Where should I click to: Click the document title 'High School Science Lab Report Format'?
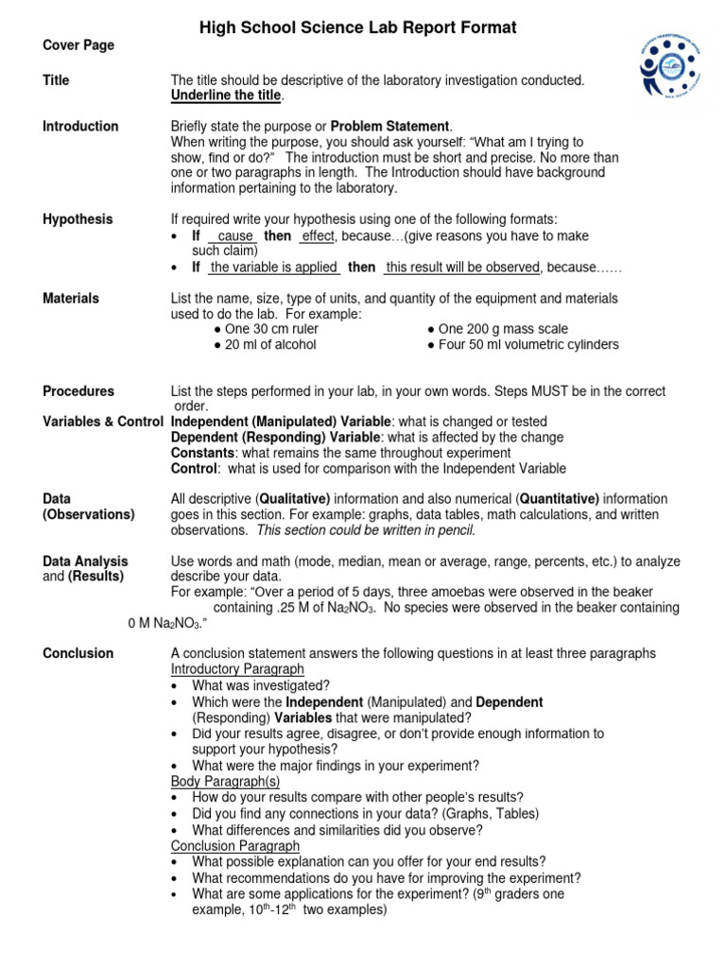357,28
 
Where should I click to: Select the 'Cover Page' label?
78,45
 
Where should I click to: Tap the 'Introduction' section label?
80,127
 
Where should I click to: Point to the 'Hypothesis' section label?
78,219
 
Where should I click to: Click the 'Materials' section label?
71,299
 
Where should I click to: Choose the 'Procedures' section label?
78,391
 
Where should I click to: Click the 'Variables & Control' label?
103,422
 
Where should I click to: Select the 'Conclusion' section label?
78,653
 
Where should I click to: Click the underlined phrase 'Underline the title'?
226,96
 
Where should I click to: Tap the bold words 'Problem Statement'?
390,127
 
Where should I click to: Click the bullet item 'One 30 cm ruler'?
267,329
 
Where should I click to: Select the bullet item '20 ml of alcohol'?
265,345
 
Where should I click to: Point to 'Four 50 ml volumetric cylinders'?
523,345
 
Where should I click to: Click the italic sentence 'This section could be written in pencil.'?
367,530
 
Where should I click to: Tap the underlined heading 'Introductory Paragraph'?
235,669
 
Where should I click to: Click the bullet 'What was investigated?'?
260,685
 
